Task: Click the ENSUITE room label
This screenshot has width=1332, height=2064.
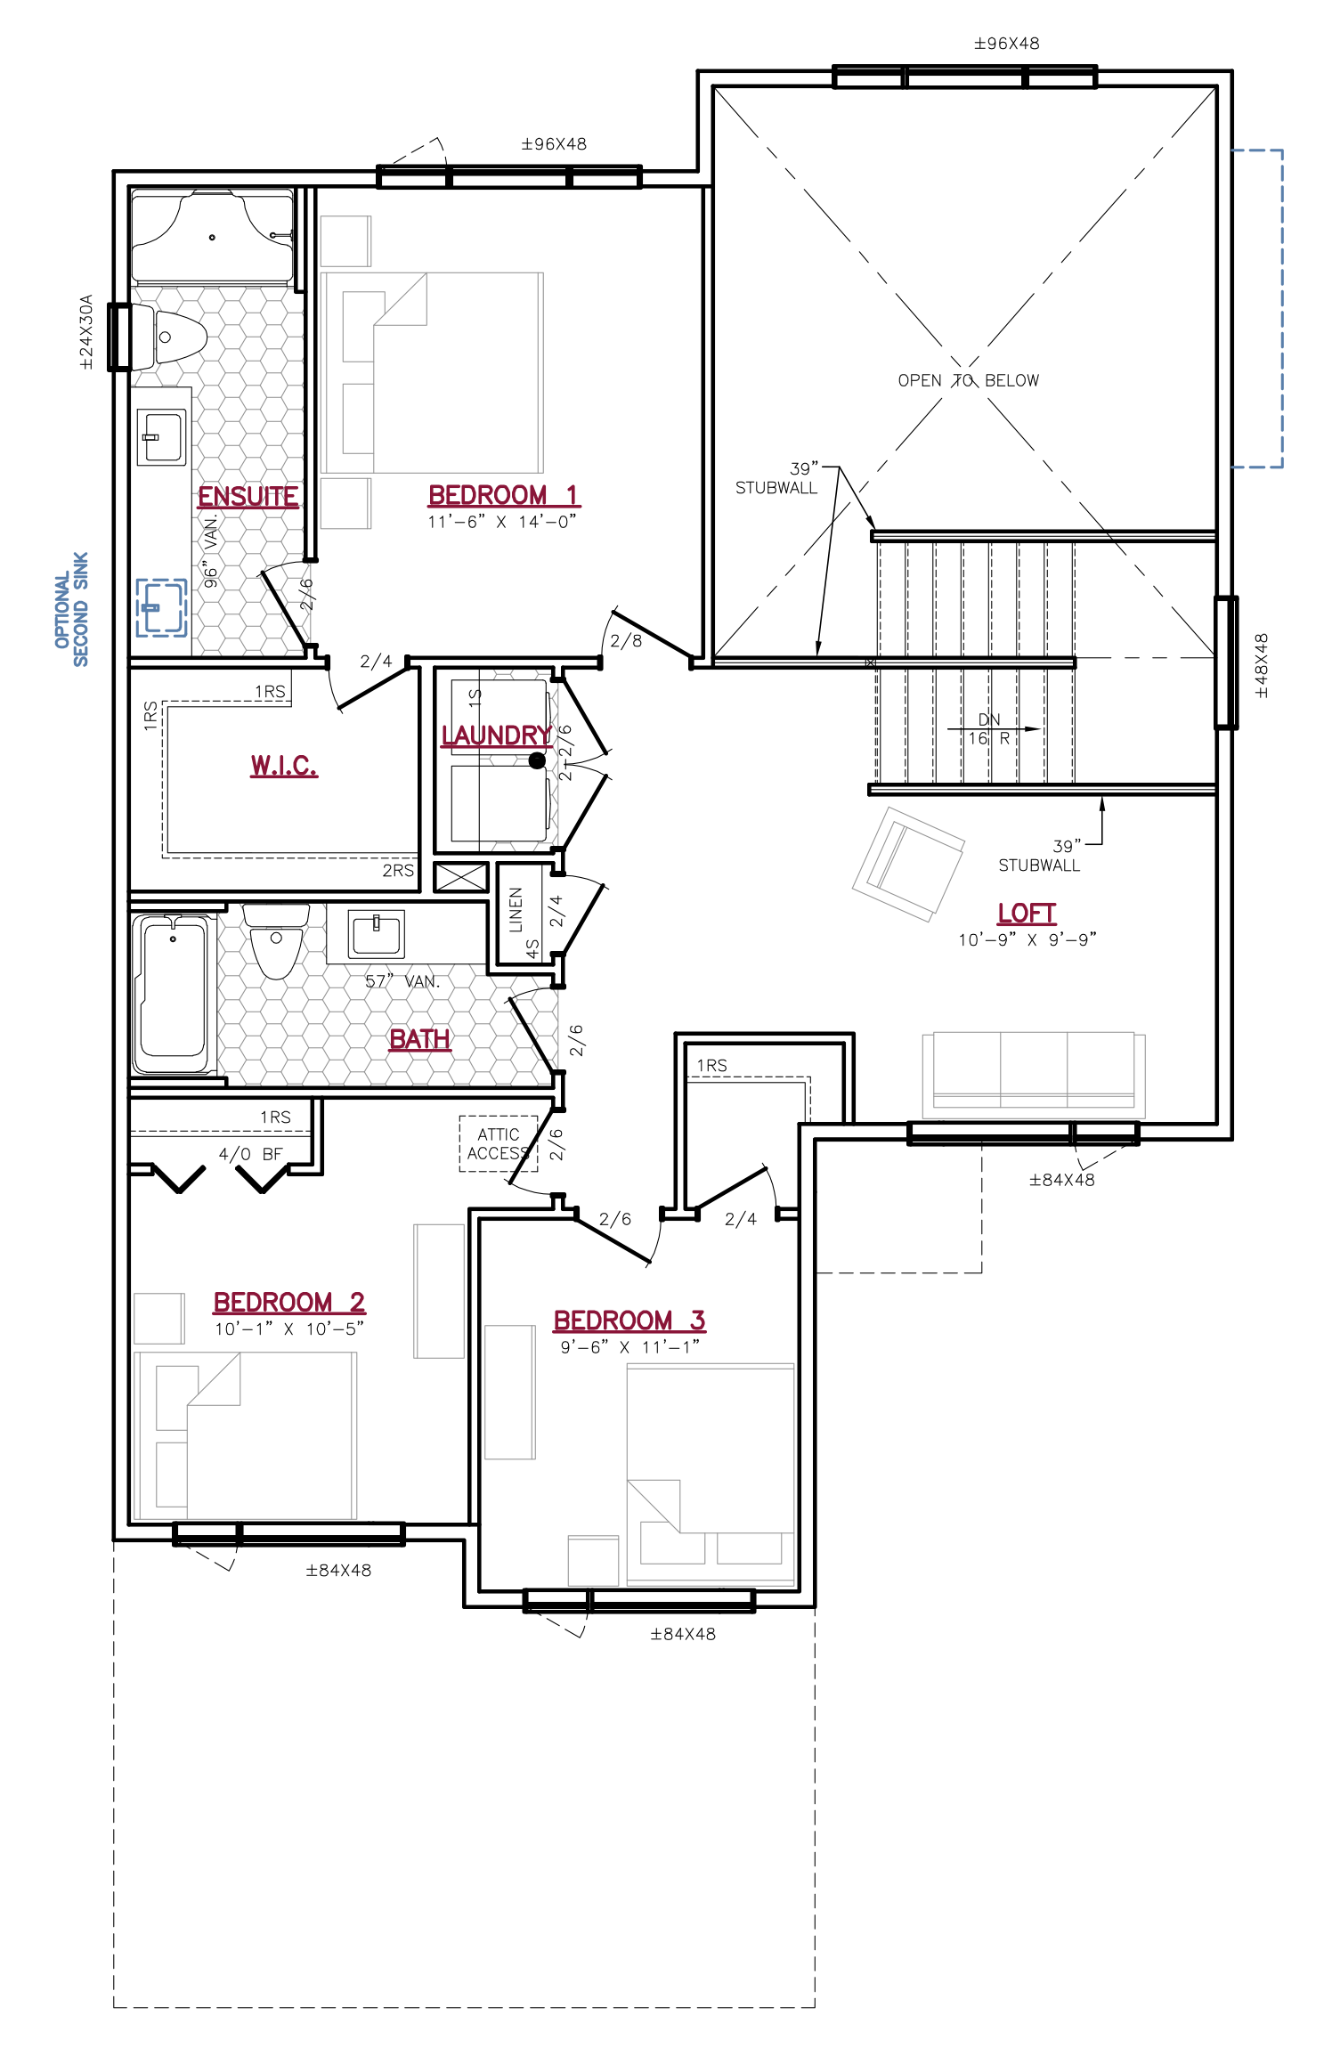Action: point(248,496)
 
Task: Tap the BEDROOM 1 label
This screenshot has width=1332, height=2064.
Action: point(503,495)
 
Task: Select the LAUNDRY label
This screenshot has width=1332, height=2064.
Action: point(496,735)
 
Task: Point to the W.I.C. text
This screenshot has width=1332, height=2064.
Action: point(282,764)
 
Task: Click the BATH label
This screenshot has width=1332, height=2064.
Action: point(420,1039)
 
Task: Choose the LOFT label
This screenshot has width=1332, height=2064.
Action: point(1027,914)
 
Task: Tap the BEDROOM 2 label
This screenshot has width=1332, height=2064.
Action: point(288,1303)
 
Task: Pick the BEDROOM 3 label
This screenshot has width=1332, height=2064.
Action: point(629,1320)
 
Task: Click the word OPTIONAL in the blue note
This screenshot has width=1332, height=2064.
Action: point(62,610)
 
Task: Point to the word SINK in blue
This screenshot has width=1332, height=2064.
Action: point(81,571)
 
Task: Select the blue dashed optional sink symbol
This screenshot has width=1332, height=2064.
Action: point(161,607)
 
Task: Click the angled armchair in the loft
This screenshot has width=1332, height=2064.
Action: point(909,864)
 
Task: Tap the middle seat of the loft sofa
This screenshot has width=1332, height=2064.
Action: point(1034,1064)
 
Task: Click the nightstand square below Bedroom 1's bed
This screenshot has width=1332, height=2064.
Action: point(345,503)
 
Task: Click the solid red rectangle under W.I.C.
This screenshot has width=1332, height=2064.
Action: point(284,800)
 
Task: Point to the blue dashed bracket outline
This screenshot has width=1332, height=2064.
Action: point(1280,308)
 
